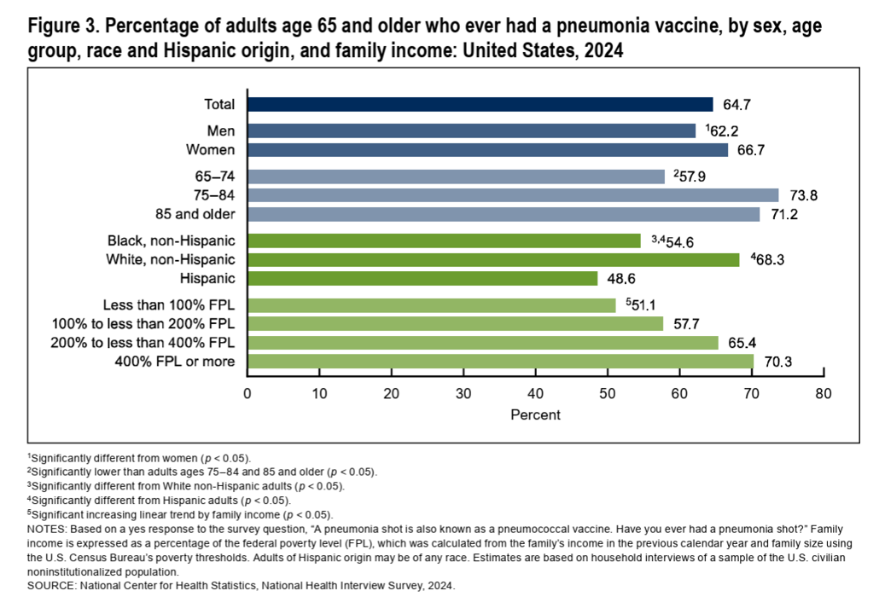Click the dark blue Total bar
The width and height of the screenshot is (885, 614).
[480, 104]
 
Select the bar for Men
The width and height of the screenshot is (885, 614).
[471, 130]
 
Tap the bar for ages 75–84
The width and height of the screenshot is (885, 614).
[512, 195]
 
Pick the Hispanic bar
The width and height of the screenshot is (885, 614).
[422, 278]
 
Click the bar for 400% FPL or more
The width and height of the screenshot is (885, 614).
[500, 362]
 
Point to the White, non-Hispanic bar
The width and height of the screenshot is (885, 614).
[492, 259]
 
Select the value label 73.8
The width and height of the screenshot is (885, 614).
[801, 195]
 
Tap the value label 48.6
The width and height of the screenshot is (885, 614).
[620, 278]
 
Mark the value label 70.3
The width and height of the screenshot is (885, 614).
[776, 362]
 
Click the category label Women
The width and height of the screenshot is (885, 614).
[211, 150]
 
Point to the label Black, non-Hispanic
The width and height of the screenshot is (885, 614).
[171, 240]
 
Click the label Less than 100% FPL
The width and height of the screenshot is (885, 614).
[169, 304]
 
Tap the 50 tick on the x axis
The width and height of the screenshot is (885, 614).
[608, 394]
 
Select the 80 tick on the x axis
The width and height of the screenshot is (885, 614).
[824, 394]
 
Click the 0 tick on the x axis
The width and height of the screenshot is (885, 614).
[247, 394]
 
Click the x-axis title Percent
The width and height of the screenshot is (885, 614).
[535, 415]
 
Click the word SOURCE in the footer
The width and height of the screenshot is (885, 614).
[52, 587]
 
